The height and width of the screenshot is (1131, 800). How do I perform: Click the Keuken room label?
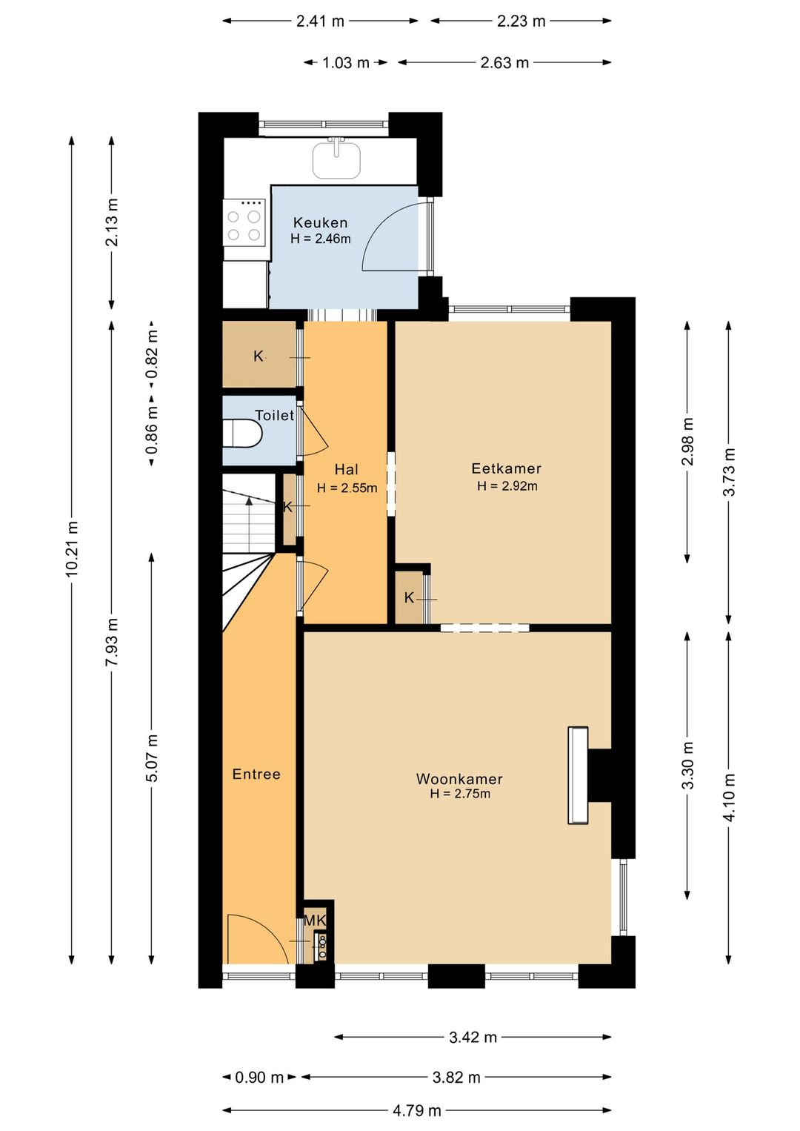(x=320, y=222)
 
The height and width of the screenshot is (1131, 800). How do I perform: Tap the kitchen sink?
(x=336, y=159)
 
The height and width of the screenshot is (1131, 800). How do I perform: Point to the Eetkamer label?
(x=506, y=468)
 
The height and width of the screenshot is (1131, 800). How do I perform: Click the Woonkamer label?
(x=459, y=778)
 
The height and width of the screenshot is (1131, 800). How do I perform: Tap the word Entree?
(x=256, y=774)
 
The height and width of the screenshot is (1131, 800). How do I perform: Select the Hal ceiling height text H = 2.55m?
(x=347, y=488)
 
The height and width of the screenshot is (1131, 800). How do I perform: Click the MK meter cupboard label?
(x=315, y=920)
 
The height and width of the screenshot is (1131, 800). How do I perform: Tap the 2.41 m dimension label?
(x=320, y=21)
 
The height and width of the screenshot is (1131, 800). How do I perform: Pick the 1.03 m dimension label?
(x=346, y=62)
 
